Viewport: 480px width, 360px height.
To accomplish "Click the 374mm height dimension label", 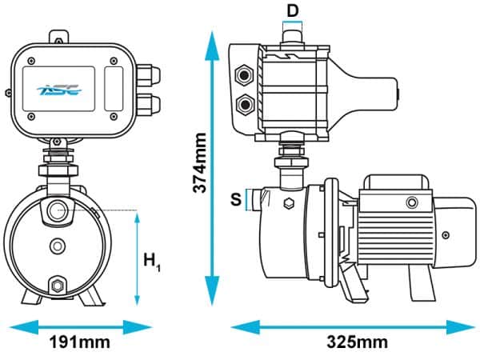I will [x=202, y=162].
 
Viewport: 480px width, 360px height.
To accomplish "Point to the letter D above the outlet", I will [x=294, y=10].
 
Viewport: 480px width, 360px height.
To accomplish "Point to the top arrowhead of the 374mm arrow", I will [x=212, y=35].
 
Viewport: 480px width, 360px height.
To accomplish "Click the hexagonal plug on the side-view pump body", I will [x=286, y=204].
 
